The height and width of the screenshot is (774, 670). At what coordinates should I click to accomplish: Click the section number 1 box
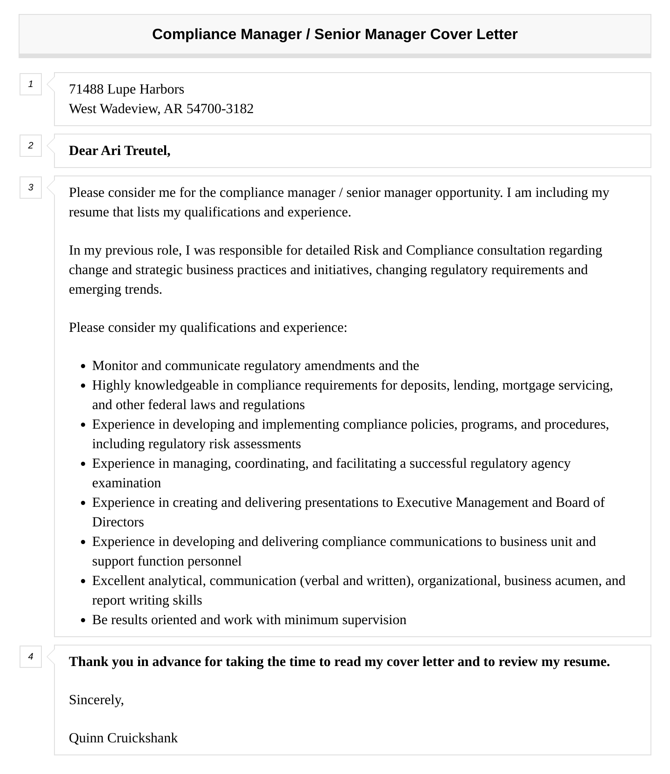click(x=31, y=84)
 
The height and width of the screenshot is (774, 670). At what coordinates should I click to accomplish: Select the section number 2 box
click(x=31, y=146)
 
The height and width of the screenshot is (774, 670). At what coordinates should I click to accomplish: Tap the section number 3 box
click(x=31, y=188)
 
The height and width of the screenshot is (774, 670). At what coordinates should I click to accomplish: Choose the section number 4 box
click(x=31, y=657)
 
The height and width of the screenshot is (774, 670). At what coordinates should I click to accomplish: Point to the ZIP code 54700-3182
click(x=220, y=109)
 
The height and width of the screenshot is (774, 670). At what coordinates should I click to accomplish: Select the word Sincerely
click(x=96, y=700)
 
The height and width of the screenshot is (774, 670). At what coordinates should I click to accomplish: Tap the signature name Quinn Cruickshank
click(x=123, y=738)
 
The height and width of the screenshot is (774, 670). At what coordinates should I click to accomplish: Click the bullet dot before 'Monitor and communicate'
click(x=83, y=366)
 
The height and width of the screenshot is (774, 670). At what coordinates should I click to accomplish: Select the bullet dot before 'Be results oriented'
click(x=83, y=620)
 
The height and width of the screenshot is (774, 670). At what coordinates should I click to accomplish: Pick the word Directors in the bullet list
click(x=118, y=522)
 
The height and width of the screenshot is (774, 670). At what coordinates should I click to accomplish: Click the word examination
click(x=126, y=483)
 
